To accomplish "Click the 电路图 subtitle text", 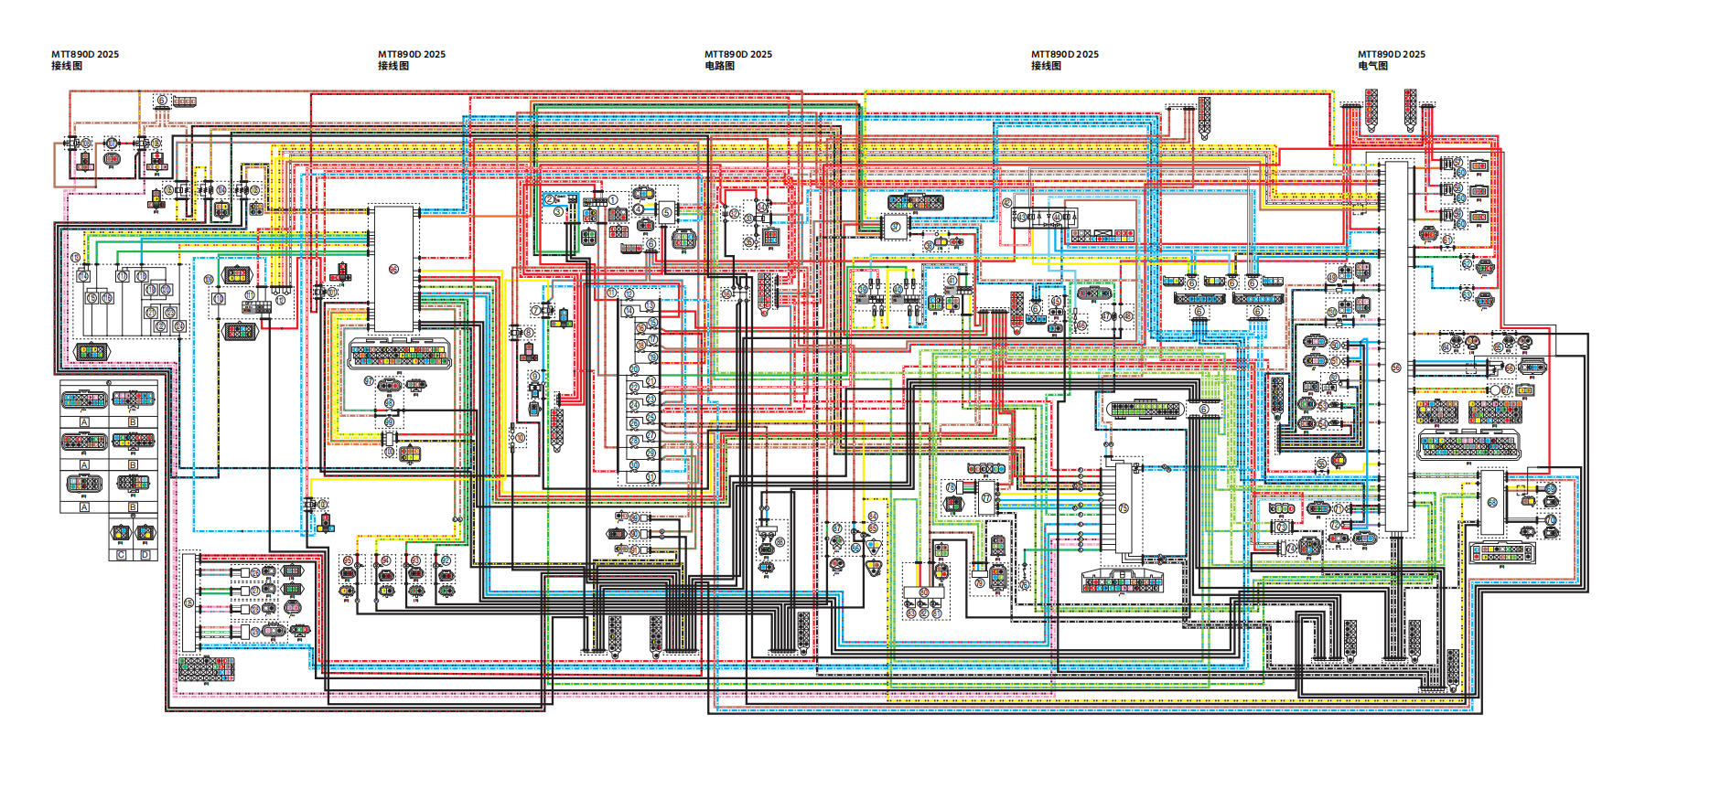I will coord(719,66).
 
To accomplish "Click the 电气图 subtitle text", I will coord(1372,66).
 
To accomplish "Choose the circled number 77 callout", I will coord(986,498).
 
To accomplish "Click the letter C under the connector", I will coord(122,555).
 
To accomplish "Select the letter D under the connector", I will coord(145,555).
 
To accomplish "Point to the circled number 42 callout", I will coord(1007,203).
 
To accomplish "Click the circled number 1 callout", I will coord(613,199).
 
